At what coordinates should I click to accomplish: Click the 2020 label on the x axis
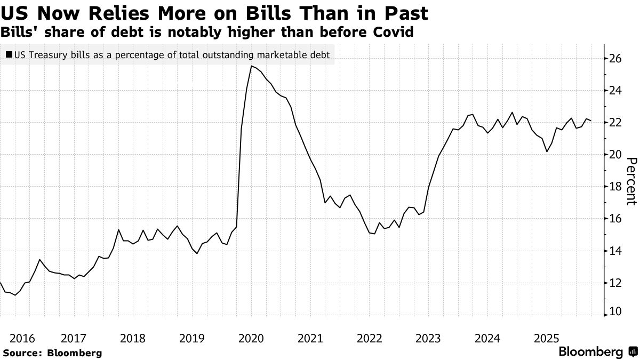(x=251, y=338)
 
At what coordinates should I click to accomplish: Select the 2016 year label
(x=22, y=338)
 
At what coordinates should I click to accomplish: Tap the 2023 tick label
(x=428, y=338)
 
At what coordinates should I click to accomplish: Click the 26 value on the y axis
(x=615, y=59)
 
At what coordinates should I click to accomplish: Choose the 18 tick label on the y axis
(x=615, y=187)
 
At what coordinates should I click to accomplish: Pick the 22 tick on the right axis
(x=615, y=123)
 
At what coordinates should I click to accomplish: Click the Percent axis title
(x=631, y=181)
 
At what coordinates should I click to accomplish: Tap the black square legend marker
(x=10, y=54)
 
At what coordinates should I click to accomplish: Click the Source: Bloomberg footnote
(x=52, y=353)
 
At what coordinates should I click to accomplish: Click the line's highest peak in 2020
(x=251, y=66)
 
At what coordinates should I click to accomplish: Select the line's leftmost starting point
(x=1, y=283)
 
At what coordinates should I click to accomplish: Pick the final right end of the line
(x=590, y=121)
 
